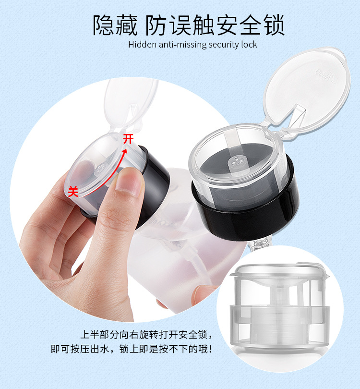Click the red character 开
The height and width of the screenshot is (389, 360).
128,139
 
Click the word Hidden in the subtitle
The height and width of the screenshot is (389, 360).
141,45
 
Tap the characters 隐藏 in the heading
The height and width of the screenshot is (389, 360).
112,25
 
